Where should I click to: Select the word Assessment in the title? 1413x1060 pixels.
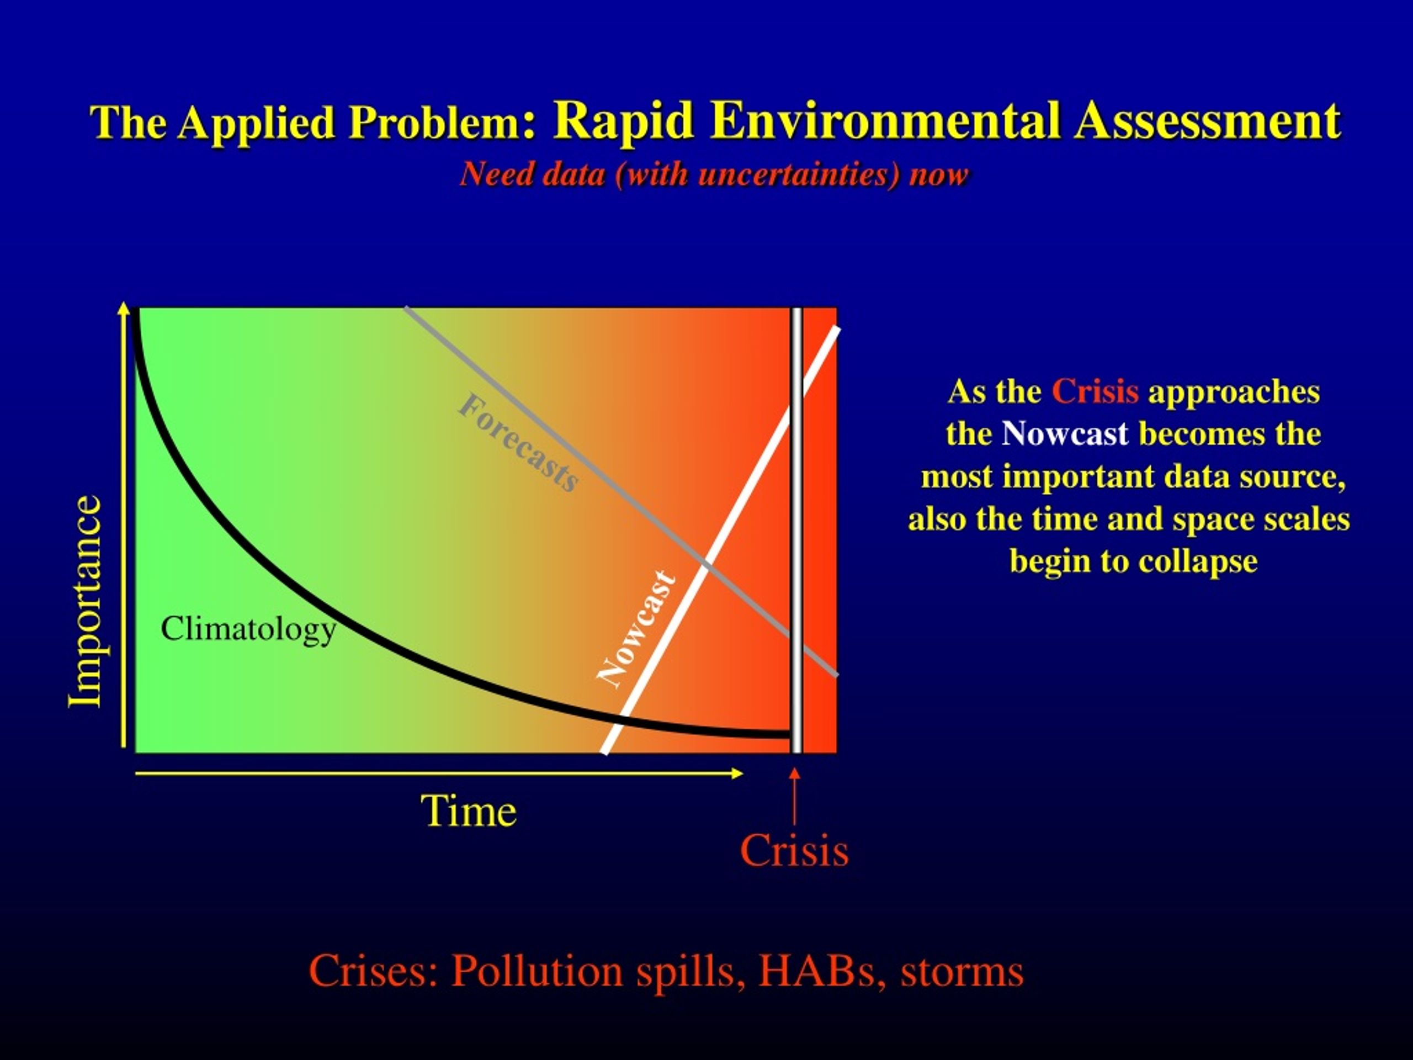(x=1207, y=120)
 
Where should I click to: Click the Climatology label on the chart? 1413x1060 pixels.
(x=248, y=630)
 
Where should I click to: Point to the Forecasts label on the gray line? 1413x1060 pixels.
(x=518, y=443)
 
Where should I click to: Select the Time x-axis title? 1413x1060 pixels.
(x=468, y=812)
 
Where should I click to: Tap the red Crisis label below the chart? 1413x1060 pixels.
(x=794, y=850)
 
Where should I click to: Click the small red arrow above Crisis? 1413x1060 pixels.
(x=795, y=796)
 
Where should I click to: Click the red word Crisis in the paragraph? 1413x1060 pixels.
(x=1095, y=391)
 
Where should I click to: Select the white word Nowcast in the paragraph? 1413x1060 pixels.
(x=1065, y=434)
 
